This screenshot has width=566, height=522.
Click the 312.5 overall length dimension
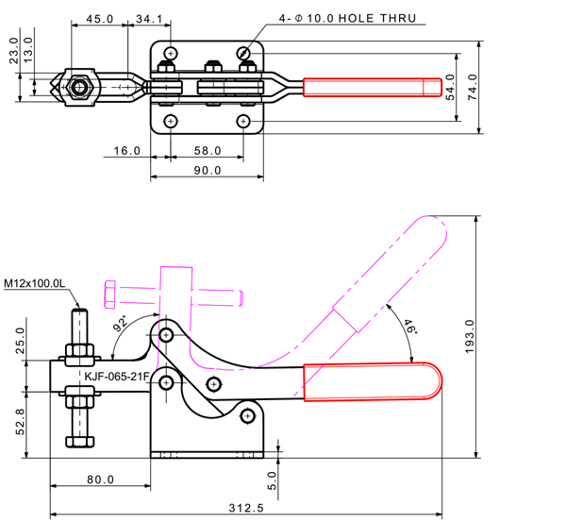point(245,507)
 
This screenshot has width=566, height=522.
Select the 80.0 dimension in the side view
point(100,480)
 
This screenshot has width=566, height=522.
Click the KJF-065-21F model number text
point(116,377)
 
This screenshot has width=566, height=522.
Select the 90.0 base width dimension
point(207,171)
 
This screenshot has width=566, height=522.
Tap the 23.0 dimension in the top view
point(13,48)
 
